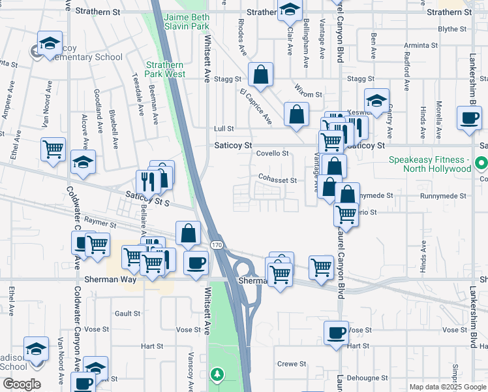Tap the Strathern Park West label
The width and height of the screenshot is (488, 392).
[x=165, y=69]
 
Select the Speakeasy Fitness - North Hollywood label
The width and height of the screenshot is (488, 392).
[x=429, y=164]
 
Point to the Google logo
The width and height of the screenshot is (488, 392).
[x=21, y=384]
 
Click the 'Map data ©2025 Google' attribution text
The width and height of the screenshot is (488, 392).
[x=447, y=387]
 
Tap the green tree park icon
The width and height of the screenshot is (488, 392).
[x=217, y=374]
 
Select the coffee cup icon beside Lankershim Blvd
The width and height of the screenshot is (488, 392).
[x=469, y=118]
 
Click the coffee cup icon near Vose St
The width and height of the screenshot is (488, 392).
[x=336, y=333]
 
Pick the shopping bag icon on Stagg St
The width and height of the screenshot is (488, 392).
[x=260, y=76]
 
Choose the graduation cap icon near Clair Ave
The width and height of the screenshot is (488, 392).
[x=289, y=10]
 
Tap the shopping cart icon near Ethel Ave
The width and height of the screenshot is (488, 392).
[x=53, y=149]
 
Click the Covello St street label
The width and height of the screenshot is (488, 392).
[x=272, y=154]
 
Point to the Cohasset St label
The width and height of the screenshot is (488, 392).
[x=277, y=180]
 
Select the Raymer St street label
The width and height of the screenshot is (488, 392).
[x=100, y=225]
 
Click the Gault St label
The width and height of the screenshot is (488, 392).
[x=127, y=314]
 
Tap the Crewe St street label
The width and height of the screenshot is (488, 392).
[x=292, y=364]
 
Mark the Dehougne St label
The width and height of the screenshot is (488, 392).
[x=367, y=378]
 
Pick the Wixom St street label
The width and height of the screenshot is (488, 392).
[x=309, y=95]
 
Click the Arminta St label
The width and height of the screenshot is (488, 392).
[x=421, y=46]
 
